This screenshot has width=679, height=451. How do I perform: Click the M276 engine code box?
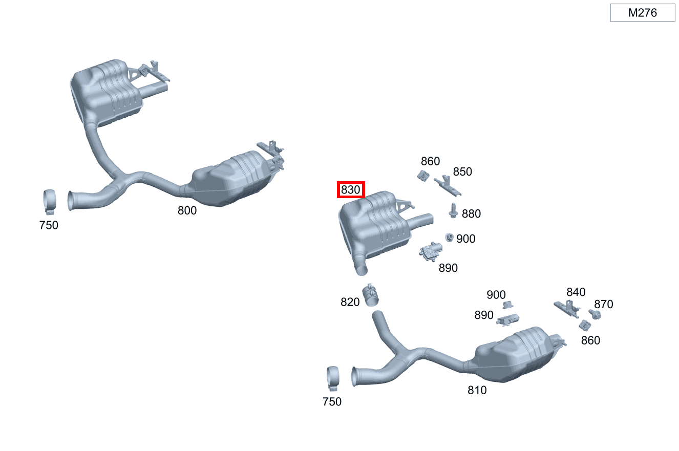[x=642, y=13]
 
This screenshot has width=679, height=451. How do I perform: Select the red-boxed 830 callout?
[x=351, y=190]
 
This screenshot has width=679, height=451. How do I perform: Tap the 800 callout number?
[x=187, y=210]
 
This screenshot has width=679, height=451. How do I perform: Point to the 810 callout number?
[x=477, y=390]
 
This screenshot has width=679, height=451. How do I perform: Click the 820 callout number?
[x=350, y=302]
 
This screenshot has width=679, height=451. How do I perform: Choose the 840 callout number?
[x=576, y=292]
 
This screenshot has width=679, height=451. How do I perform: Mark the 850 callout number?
[x=462, y=171]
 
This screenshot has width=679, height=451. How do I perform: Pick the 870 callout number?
[x=603, y=304]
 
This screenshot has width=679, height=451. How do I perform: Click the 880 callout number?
[x=471, y=213]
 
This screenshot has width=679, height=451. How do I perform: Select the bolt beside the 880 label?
[x=453, y=210]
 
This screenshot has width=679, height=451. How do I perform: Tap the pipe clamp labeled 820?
[x=372, y=295]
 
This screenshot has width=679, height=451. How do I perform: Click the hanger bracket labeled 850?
[x=448, y=186]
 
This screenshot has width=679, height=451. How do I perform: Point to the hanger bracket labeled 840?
[x=567, y=308]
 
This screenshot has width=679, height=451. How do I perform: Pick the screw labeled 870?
[x=595, y=314]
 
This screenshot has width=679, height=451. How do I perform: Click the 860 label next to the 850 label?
[x=430, y=161]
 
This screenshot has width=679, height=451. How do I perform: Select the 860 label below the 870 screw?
[x=590, y=340]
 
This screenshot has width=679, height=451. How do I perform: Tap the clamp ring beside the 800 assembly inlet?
[x=50, y=201]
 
